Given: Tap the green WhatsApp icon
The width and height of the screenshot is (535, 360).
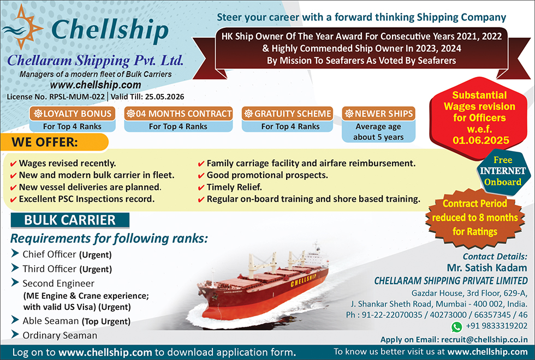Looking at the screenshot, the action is [456, 327].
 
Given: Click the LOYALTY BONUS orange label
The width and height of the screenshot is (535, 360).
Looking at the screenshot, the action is [72, 113].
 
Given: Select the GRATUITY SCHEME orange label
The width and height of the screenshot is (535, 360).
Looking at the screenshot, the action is [287, 113].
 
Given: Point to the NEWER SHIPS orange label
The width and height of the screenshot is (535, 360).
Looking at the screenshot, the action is [378, 113].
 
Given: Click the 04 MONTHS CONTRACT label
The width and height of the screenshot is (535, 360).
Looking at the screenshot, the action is [179, 113].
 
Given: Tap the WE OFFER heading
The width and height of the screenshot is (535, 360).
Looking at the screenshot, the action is [45, 142].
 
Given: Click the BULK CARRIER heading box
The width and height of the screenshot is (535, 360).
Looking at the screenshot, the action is [70, 220].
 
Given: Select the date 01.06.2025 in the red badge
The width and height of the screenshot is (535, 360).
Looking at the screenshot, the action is [481, 140].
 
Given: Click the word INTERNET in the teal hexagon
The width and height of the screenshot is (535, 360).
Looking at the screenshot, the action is [503, 171].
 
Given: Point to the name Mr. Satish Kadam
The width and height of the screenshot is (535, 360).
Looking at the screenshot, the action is [487, 268].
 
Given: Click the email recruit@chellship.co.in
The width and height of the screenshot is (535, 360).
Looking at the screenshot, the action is [484, 339].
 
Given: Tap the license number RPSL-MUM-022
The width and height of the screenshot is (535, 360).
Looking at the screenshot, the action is [77, 97].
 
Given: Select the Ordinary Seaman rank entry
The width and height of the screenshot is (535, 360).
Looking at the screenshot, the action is [60, 335].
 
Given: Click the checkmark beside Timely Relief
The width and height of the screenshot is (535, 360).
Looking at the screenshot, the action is [201, 188].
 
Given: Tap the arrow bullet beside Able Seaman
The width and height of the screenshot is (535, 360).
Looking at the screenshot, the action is [15, 320].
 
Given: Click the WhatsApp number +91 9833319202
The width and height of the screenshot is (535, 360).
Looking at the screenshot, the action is [496, 326].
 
